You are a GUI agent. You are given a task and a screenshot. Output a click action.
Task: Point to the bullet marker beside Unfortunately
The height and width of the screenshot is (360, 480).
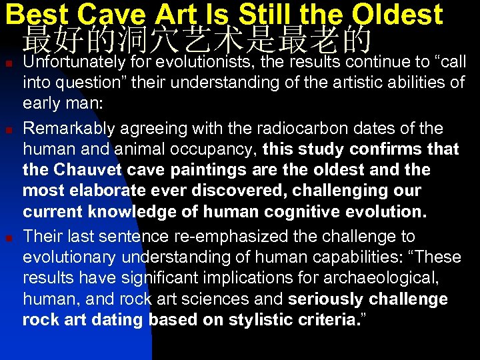[8, 63]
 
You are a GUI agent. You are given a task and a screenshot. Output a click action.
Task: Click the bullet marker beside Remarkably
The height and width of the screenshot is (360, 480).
[8, 128]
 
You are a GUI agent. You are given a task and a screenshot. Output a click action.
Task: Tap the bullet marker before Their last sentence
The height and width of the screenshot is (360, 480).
[8, 237]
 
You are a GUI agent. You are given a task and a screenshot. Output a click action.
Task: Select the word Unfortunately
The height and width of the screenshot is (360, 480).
[73, 62]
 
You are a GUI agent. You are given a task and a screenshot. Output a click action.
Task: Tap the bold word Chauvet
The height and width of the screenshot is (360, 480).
[83, 169]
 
